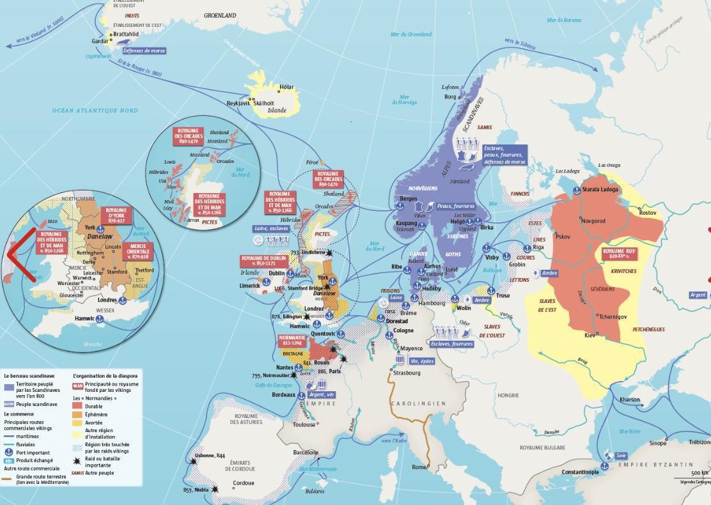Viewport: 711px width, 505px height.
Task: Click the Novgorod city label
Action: [x=595, y=221]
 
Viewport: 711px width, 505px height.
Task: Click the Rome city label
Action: [x=419, y=467]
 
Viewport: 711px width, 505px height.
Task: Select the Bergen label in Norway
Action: [x=409, y=199]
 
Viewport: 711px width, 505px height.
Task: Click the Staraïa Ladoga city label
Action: [x=600, y=190]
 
